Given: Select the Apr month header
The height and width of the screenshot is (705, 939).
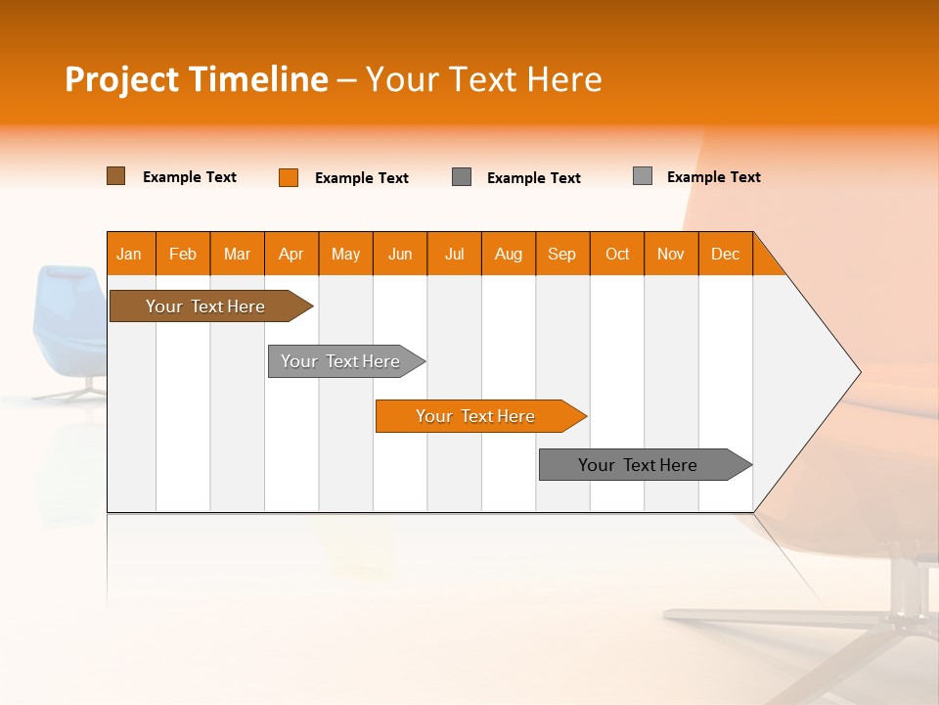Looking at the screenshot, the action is point(291,254).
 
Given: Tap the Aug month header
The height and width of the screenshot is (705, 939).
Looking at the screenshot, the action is point(509,254).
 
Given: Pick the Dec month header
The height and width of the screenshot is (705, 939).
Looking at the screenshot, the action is point(725,254).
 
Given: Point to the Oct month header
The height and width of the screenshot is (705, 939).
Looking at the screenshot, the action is point(617,254).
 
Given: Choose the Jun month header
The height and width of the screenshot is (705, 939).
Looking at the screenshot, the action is point(400,254).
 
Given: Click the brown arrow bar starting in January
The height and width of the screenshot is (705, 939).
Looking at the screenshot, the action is point(211,305).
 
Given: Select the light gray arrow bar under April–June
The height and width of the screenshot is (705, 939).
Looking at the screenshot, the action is point(346,361).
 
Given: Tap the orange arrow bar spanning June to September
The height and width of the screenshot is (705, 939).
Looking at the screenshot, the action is point(481,416).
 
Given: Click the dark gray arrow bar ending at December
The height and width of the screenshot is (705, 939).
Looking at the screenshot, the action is point(646,464).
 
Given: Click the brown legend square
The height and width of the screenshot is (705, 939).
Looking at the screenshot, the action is point(115,175).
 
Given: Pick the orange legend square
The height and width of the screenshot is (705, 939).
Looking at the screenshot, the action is point(288,177).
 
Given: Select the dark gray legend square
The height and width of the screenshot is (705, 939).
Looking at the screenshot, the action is point(461,177).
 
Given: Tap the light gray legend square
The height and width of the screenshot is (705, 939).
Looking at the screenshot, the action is point(643,175).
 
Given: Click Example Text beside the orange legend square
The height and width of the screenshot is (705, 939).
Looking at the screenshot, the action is point(362,178).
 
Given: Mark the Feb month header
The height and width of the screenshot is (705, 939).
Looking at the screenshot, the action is point(183,254).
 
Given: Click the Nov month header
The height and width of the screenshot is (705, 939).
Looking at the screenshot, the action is point(671,254).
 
